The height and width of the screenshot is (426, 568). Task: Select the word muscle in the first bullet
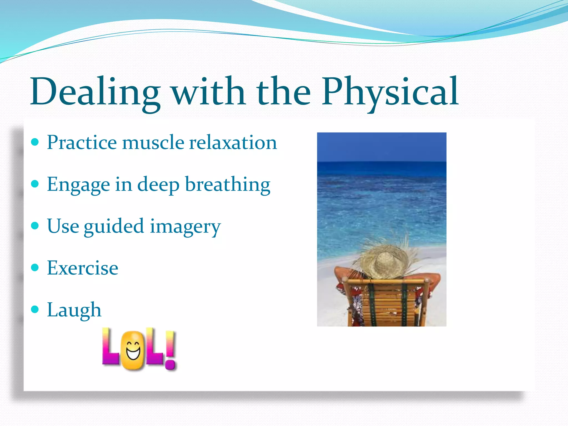(153, 143)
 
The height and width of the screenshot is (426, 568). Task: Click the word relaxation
(233, 143)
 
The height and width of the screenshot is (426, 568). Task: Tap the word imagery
(185, 227)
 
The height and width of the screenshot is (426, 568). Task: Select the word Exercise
(83, 268)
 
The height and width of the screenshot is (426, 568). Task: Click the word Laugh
(74, 310)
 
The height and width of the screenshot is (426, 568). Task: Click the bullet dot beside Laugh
(35, 309)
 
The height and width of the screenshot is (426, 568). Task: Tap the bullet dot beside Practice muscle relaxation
(35, 142)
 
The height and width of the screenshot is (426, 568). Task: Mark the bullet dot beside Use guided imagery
(35, 225)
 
